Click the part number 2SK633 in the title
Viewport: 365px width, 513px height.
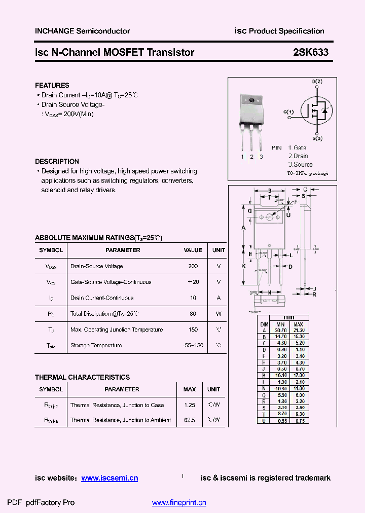(311, 52)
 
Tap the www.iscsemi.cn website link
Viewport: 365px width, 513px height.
(109, 478)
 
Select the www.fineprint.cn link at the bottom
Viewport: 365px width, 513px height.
(179, 503)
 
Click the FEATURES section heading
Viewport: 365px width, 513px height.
(52, 85)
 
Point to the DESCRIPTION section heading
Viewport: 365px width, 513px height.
(57, 161)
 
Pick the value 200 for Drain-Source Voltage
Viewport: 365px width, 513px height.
(193, 266)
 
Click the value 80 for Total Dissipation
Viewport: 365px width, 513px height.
(193, 314)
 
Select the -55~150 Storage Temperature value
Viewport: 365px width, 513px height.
(193, 346)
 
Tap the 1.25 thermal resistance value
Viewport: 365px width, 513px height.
(190, 405)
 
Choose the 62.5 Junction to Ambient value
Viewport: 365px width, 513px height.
(190, 420)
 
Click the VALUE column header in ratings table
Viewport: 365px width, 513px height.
(193, 250)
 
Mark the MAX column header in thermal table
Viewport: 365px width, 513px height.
(190, 389)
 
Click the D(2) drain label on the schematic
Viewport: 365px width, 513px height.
(317, 82)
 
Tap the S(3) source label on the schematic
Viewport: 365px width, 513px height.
(317, 138)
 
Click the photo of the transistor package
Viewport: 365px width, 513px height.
(251, 119)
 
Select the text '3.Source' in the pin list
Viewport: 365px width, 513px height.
(301, 165)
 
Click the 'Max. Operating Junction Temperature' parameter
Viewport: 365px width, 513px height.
(117, 329)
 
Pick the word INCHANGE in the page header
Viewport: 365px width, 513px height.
(54, 31)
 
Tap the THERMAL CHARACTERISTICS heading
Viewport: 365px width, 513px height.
(82, 377)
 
